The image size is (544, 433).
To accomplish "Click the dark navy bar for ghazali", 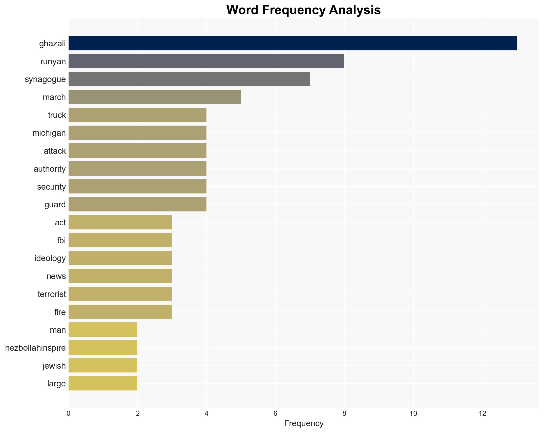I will [292, 43].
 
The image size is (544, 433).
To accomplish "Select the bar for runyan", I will [206, 61].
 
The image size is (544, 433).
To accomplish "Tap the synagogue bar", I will [189, 79].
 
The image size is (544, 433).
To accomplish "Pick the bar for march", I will [155, 97].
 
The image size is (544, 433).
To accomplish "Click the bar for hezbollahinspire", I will [103, 348].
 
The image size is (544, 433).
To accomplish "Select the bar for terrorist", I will [120, 294].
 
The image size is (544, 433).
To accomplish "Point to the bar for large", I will [103, 383].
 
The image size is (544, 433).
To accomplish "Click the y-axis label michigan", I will [49, 133].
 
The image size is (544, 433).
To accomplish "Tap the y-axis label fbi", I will [61, 240].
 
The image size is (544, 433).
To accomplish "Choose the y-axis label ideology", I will [50, 258].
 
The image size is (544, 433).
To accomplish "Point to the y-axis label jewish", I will [54, 366].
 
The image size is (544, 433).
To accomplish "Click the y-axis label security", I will [51, 187].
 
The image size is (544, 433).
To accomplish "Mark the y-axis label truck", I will [57, 115].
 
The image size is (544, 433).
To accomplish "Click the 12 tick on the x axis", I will [482, 414].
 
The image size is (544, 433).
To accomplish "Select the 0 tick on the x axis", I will [69, 414].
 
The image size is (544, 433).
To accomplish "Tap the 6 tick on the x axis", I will [275, 414].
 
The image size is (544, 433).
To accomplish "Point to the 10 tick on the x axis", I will [413, 414].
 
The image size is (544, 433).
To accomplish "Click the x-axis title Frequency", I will [304, 423].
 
